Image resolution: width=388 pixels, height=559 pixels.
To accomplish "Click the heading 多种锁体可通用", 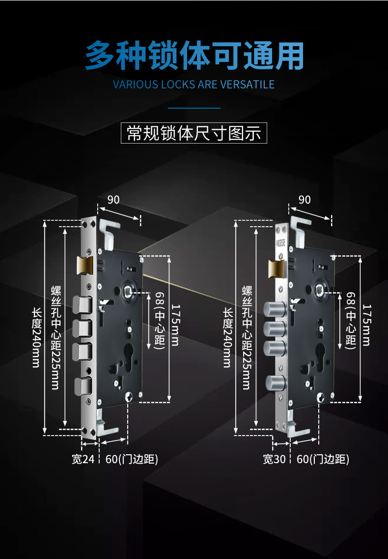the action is [194, 56].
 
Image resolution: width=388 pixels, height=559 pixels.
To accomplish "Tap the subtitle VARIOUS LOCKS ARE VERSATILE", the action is [194, 84].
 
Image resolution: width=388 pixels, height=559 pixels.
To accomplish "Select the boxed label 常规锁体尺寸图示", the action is [194, 133].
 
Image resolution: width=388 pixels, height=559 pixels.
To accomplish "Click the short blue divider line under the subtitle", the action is [194, 107].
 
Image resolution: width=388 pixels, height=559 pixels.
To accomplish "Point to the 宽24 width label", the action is [83, 459].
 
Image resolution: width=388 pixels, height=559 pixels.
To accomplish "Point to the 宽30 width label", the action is [274, 459].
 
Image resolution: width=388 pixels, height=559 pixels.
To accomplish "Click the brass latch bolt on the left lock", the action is [84, 265].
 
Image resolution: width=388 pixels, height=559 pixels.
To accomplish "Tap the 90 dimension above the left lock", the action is [113, 200].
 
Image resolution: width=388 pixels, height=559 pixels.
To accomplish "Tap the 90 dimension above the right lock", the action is [305, 200].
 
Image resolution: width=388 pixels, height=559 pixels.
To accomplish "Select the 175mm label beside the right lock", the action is [366, 324].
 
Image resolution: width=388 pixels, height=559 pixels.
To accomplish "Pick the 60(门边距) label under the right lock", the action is [323, 459].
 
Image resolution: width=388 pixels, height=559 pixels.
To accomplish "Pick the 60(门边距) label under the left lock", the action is [132, 459].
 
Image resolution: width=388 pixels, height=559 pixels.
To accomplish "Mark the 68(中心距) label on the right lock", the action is [351, 320].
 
